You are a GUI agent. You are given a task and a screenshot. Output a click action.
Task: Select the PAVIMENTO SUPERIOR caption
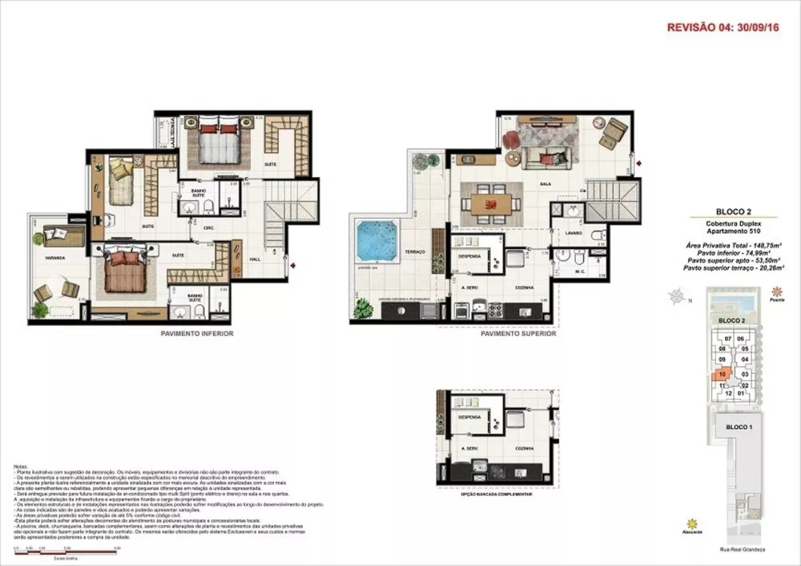click(517, 334)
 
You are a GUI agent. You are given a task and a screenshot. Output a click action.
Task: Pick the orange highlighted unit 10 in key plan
click(723, 373)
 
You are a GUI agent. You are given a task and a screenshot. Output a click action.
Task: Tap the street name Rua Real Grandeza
click(731, 551)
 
